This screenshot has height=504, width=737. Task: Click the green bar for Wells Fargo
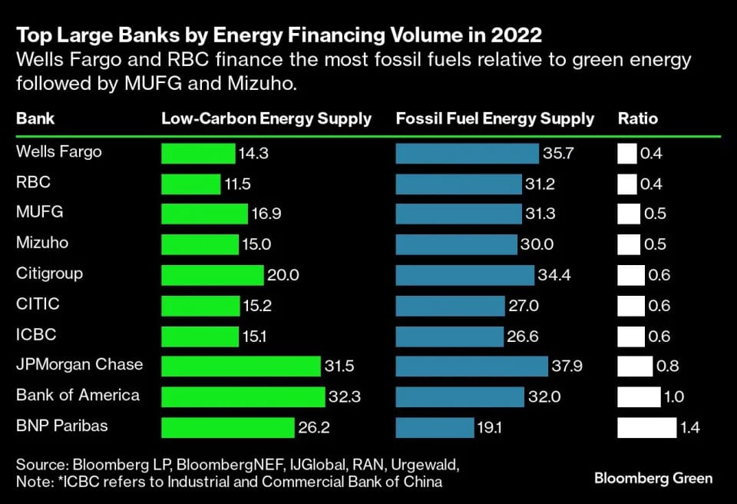198,154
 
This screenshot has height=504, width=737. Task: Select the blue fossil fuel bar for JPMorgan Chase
471,366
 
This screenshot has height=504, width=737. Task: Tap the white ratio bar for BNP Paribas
646,427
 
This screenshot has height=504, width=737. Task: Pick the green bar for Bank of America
243,396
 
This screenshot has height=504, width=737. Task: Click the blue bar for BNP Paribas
435,427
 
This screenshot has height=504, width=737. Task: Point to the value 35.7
559,154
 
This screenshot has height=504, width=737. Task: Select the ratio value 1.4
689,428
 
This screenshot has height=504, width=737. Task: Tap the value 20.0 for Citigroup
283,275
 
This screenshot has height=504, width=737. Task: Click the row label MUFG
39,212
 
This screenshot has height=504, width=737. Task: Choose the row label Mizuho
42,243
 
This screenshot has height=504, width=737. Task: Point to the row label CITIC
38,304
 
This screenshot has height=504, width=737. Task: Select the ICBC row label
36,335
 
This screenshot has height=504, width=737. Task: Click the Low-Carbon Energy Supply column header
266,119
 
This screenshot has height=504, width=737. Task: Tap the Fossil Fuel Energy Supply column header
495,119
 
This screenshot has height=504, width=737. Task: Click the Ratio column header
638,119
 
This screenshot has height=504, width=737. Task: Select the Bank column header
35,119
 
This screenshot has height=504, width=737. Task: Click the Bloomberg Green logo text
653,478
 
